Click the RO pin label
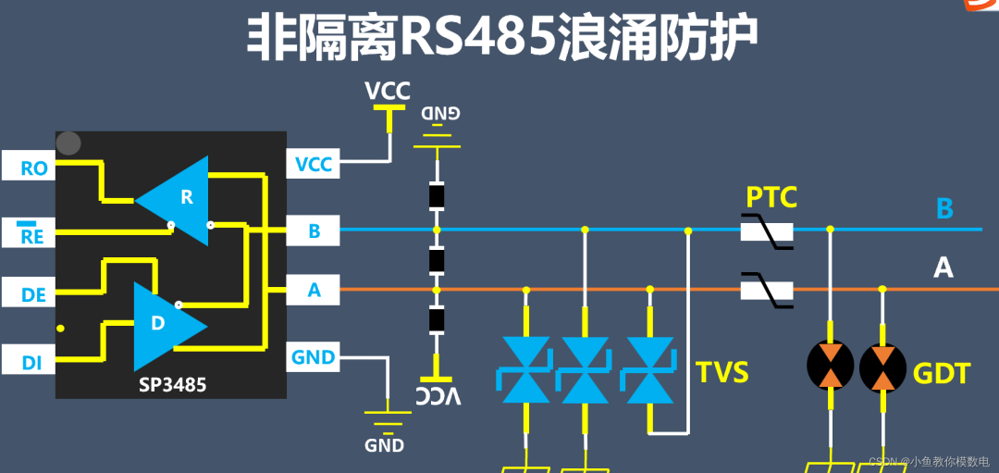point(34,168)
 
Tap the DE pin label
point(34,295)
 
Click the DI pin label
point(32,363)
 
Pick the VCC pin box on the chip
point(313,165)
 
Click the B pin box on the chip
point(313,230)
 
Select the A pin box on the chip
point(313,291)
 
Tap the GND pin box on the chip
point(313,356)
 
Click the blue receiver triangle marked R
point(180,198)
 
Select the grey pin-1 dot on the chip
point(68,143)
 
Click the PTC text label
point(771,196)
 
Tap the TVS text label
point(721,372)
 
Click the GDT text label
point(942,373)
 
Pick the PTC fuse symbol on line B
point(768,230)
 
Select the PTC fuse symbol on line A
point(768,291)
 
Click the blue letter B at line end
point(943,208)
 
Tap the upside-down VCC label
point(438,396)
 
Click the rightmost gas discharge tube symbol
point(882,367)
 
